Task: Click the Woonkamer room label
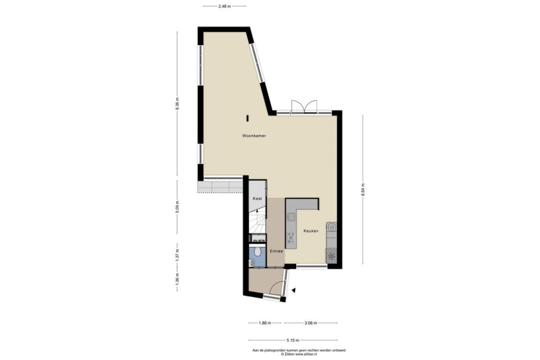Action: click(x=254, y=136)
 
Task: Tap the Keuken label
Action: click(x=311, y=231)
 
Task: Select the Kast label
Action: click(x=257, y=199)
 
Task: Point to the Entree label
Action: click(x=276, y=251)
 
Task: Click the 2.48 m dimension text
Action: click(x=225, y=6)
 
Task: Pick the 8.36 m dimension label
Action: click(x=177, y=103)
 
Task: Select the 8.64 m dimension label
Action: click(x=363, y=190)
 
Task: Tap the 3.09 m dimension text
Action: click(x=177, y=207)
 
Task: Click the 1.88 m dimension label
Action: click(x=265, y=323)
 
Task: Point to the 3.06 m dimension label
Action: click(x=310, y=323)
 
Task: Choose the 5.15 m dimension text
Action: click(x=292, y=340)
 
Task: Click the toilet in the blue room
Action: click(x=257, y=251)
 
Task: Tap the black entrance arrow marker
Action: click(x=293, y=290)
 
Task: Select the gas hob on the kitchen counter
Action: click(x=291, y=238)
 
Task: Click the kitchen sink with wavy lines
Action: click(x=332, y=227)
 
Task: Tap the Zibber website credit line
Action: click(x=299, y=354)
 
